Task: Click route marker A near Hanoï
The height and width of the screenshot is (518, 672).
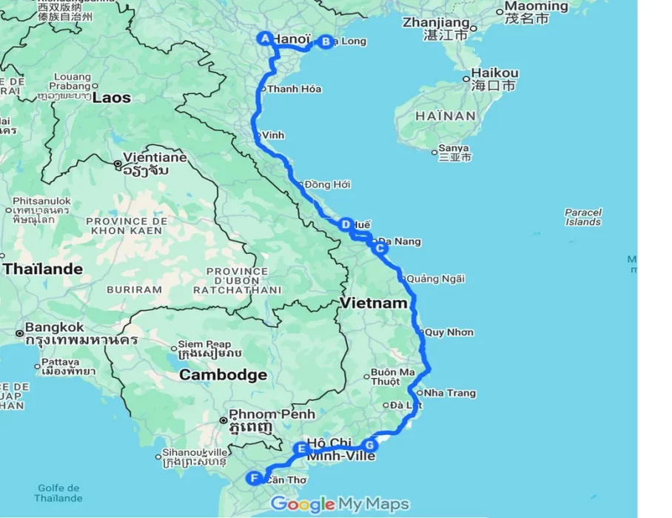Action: [264, 38]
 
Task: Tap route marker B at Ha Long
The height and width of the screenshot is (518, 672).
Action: [325, 42]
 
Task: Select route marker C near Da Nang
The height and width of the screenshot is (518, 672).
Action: [379, 249]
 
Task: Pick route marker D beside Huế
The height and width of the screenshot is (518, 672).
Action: [345, 224]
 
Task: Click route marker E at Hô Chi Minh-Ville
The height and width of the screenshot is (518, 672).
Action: [301, 448]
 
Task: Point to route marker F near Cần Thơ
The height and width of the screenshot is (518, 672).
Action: [255, 478]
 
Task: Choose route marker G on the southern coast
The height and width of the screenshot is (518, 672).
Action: [370, 445]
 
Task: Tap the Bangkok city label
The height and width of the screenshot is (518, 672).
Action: [55, 326]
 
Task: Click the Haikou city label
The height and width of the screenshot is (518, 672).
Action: [495, 73]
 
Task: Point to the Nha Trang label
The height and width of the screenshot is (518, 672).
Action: [451, 393]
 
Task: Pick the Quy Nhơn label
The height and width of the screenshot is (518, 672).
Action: [449, 332]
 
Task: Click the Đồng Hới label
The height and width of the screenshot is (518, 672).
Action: [327, 184]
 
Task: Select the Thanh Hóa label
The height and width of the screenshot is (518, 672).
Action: [295, 89]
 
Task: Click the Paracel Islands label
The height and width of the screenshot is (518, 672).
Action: [583, 217]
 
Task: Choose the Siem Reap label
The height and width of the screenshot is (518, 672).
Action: [204, 344]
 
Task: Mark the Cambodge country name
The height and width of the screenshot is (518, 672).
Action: [224, 375]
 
